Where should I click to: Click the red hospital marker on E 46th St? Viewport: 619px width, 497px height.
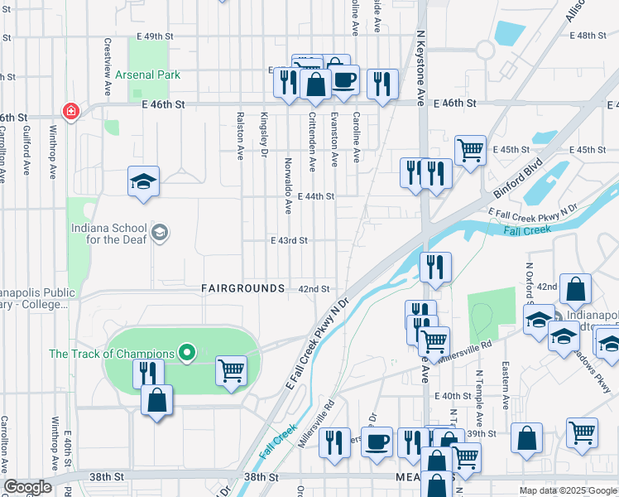tap(70, 111)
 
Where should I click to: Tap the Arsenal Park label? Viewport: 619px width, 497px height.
tap(147, 75)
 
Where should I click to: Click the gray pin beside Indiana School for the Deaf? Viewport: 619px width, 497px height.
tap(160, 234)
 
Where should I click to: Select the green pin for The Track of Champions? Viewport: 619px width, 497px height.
tap(187, 354)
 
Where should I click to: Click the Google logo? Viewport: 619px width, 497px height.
tap(26, 487)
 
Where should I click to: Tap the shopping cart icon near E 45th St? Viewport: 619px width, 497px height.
tap(470, 150)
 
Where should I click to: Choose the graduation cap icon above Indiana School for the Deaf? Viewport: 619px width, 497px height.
tap(143, 181)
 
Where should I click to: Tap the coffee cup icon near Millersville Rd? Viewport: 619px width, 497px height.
tap(377, 442)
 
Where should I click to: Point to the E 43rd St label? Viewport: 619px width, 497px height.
tap(289, 240)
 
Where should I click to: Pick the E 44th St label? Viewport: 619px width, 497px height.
tap(315, 196)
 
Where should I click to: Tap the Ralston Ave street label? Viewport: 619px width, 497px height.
tap(240, 136)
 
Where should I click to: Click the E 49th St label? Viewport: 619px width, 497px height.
tap(157, 36)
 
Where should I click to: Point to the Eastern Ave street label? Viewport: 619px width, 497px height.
tap(506, 389)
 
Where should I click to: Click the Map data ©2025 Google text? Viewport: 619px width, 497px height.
tap(567, 490)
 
